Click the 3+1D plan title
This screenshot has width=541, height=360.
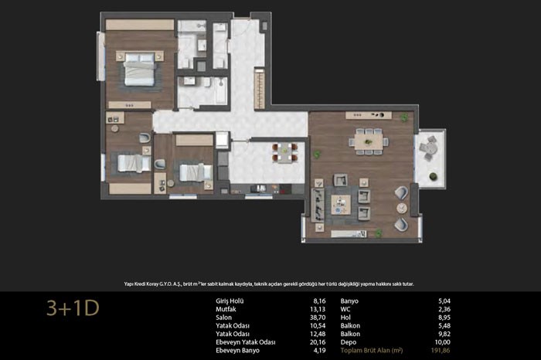[x=73, y=308]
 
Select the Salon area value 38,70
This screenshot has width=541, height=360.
[x=318, y=318]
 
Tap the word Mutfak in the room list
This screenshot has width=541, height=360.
[x=226, y=309]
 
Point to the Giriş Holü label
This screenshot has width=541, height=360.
[x=230, y=301]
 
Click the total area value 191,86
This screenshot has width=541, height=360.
[x=441, y=351]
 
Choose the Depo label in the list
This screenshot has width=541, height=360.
[x=349, y=342]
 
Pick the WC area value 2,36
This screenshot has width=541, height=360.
[x=444, y=309]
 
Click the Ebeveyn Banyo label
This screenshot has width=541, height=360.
[x=237, y=351]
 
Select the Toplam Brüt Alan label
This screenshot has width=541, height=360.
[x=372, y=351]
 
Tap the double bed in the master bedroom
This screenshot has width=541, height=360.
[x=139, y=69]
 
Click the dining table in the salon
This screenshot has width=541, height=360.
[x=369, y=141]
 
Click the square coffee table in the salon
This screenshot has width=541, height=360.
[x=341, y=205]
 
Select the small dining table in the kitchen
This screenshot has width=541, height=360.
[x=284, y=153]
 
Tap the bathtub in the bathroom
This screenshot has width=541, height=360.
[x=220, y=90]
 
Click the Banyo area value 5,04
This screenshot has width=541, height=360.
[x=444, y=301]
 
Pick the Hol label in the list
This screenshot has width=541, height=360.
[x=345, y=318]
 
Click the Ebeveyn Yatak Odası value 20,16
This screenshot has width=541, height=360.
[x=318, y=342]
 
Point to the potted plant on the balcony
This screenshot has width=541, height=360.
[x=433, y=177]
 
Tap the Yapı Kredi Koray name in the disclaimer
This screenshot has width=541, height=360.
[x=141, y=284]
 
